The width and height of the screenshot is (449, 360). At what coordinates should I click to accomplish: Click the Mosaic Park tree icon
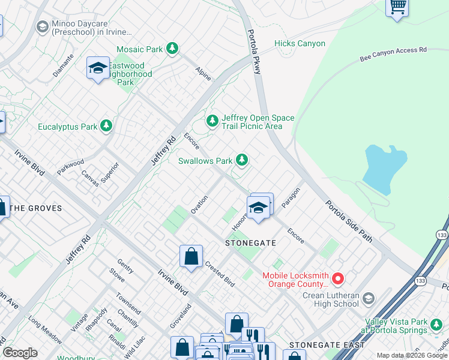(173, 48)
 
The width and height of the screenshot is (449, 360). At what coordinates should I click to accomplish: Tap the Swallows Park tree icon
(241, 160)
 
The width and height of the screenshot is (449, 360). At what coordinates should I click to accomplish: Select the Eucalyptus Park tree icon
(106, 126)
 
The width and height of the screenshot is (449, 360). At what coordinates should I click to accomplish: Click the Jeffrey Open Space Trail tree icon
(212, 121)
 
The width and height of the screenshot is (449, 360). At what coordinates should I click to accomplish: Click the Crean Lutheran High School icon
(369, 298)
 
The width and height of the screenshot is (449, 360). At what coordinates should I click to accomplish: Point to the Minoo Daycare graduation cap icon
(42, 27)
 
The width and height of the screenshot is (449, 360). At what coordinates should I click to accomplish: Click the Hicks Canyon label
(300, 43)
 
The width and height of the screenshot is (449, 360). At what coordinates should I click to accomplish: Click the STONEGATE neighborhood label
(250, 243)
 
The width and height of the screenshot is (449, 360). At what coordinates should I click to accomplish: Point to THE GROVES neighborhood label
(36, 208)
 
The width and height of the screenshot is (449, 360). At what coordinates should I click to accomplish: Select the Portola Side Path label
(349, 221)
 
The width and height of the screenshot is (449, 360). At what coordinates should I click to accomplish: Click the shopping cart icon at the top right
(396, 7)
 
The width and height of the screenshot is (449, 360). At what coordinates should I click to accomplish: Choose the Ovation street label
(199, 205)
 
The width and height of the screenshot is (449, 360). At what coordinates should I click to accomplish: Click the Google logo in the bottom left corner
(20, 353)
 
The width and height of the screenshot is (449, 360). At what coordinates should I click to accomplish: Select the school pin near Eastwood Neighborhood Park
(98, 68)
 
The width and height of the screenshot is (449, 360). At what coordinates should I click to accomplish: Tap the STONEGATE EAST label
(327, 345)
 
